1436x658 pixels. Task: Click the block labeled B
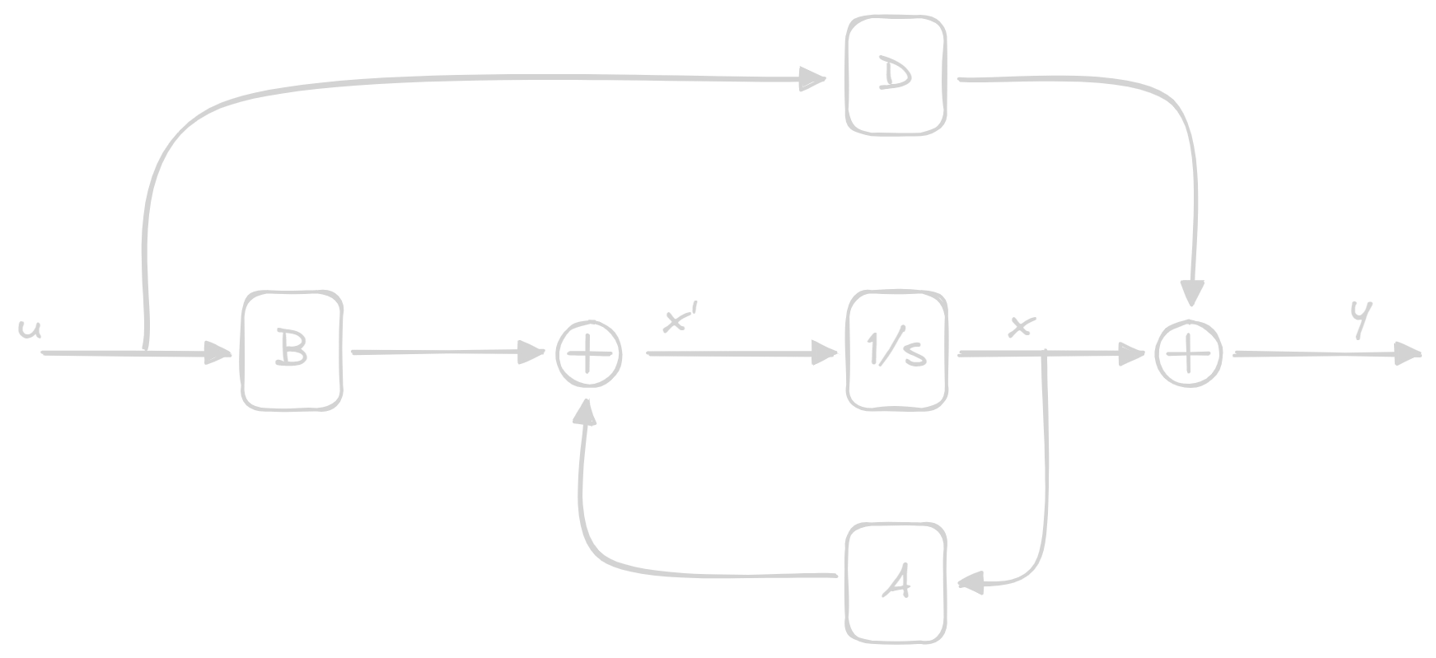pyautogui.click(x=292, y=350)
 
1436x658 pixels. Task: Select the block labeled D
pyautogui.click(x=896, y=77)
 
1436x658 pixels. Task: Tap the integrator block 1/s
pyautogui.click(x=896, y=350)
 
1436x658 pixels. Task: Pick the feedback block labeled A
pyautogui.click(x=896, y=582)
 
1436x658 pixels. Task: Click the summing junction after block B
pyautogui.click(x=589, y=354)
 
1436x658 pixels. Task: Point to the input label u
pyautogui.click(x=30, y=329)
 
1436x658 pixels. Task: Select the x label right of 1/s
pyautogui.click(x=1021, y=327)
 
